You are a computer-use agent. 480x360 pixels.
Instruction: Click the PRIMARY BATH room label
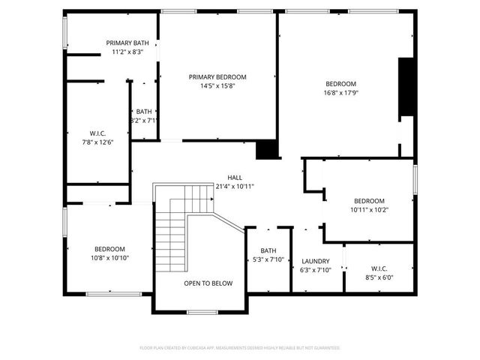pyautogui.click(x=127, y=43)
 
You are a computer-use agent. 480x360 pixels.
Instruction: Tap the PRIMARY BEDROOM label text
pyautogui.click(x=217, y=76)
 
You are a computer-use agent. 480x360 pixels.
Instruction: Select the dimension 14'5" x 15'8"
pyautogui.click(x=217, y=86)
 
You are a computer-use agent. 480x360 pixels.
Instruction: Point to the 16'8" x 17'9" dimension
pyautogui.click(x=340, y=93)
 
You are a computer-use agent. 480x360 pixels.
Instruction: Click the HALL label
pyautogui.click(x=235, y=177)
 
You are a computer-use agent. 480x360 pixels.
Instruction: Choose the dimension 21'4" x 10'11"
pyautogui.click(x=235, y=186)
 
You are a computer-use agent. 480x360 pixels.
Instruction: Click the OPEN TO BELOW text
pyautogui.click(x=208, y=283)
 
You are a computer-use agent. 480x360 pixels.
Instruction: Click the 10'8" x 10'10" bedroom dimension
pyautogui.click(x=109, y=258)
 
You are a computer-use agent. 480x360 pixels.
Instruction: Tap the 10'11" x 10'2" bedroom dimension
pyautogui.click(x=369, y=210)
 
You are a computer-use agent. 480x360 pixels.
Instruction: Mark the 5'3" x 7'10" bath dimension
pyautogui.click(x=268, y=259)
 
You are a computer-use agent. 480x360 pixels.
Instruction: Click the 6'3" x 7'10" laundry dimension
pyautogui.click(x=316, y=270)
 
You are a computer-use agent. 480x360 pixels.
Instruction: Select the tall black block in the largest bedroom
pyautogui.click(x=406, y=87)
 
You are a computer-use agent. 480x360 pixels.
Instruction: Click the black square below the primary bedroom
pyautogui.click(x=267, y=150)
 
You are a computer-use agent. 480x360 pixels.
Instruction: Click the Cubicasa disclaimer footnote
pyautogui.click(x=240, y=348)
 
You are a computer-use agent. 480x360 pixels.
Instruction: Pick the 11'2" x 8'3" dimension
pyautogui.click(x=127, y=52)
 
